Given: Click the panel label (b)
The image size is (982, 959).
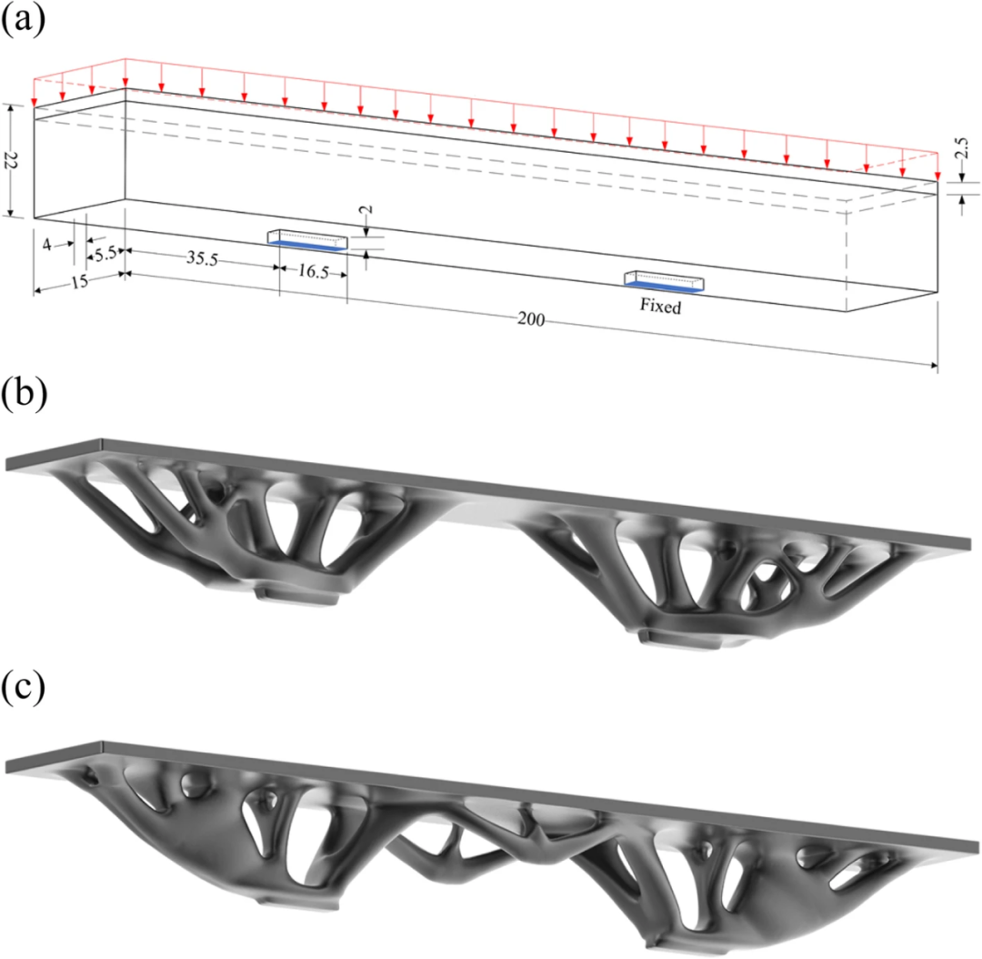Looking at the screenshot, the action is pyautogui.click(x=24, y=395).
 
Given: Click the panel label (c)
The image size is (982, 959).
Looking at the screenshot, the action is pyautogui.click(x=23, y=688).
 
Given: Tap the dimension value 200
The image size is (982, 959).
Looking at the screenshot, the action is pyautogui.click(x=530, y=319).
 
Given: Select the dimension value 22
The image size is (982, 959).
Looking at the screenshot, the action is pyautogui.click(x=11, y=160).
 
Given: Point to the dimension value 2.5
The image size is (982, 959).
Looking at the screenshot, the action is pyautogui.click(x=962, y=149).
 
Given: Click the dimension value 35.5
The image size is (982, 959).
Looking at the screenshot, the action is pyautogui.click(x=202, y=257).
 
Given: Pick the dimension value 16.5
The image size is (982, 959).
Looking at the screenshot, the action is pyautogui.click(x=313, y=271).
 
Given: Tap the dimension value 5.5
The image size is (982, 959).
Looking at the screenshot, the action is pyautogui.click(x=105, y=254).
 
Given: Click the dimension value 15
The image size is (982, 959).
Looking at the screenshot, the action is pyautogui.click(x=79, y=282).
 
